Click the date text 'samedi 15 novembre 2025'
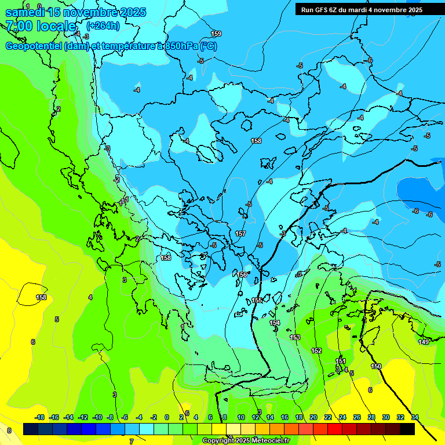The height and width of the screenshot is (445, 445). point(75,12)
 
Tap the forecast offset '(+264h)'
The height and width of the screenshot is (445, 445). point(103,25)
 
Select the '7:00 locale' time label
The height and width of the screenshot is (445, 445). point(41,26)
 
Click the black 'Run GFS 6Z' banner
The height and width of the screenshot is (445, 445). point(362,10)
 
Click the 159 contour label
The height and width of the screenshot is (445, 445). point(216,34)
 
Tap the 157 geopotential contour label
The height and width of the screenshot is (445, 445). point(240,234)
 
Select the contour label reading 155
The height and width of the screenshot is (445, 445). point(257,300)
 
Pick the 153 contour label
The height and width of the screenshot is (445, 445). point(295,337)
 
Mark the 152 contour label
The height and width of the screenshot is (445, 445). point(316,351)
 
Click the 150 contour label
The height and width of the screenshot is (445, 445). point(376,366)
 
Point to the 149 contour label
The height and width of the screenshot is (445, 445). point(424,342)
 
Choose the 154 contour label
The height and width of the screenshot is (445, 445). point(275,323)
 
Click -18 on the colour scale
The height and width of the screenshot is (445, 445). point(39,417)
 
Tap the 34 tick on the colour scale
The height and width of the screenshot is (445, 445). point(415,417)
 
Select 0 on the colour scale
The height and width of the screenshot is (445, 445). point(166,417)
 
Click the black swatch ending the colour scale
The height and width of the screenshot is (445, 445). point(407,429)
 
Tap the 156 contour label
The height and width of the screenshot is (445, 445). point(242,275)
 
